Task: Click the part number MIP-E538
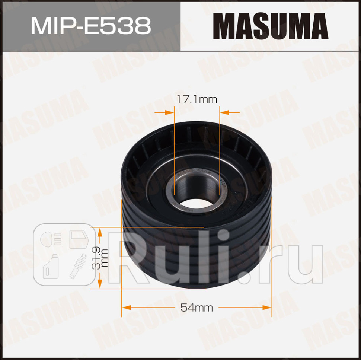pos(90,26)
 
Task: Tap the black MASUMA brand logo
pos(271,26)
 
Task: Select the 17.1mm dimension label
pos(197,99)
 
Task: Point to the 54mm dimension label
pos(197,308)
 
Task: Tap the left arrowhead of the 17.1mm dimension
pos(170,111)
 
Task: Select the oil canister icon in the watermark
pos(50,266)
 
